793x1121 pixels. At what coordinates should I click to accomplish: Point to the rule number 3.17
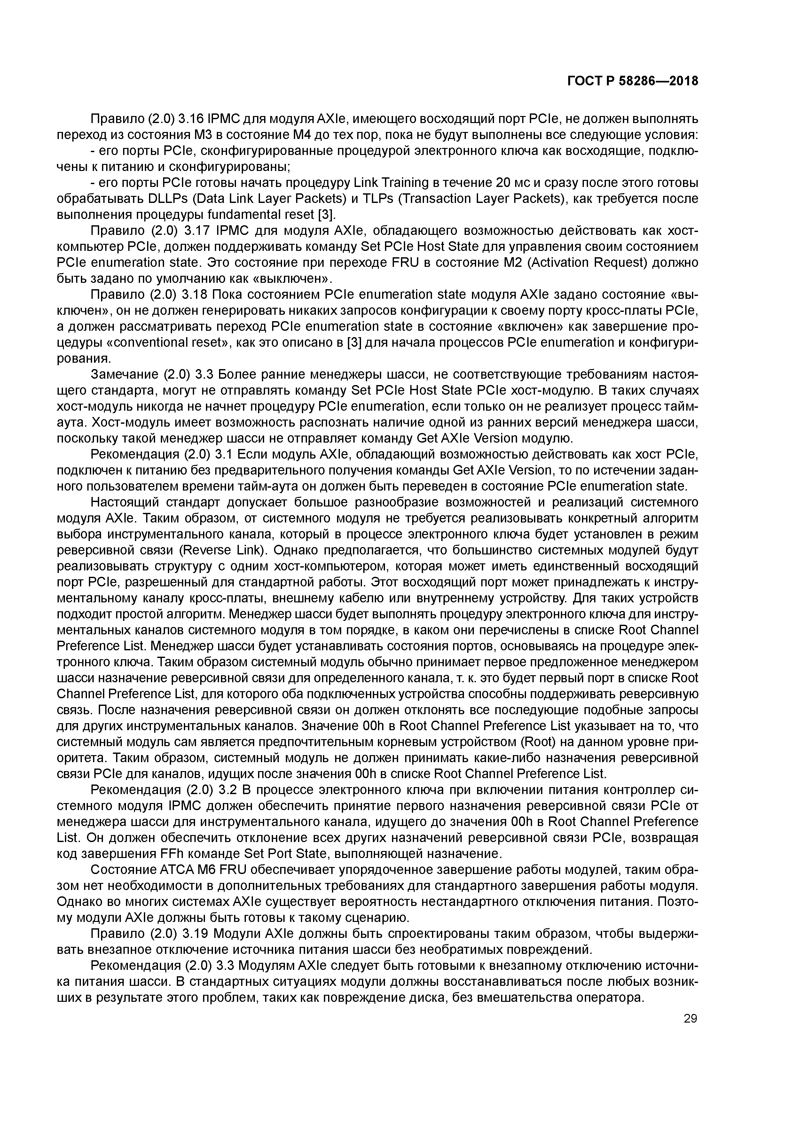click(x=194, y=230)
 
